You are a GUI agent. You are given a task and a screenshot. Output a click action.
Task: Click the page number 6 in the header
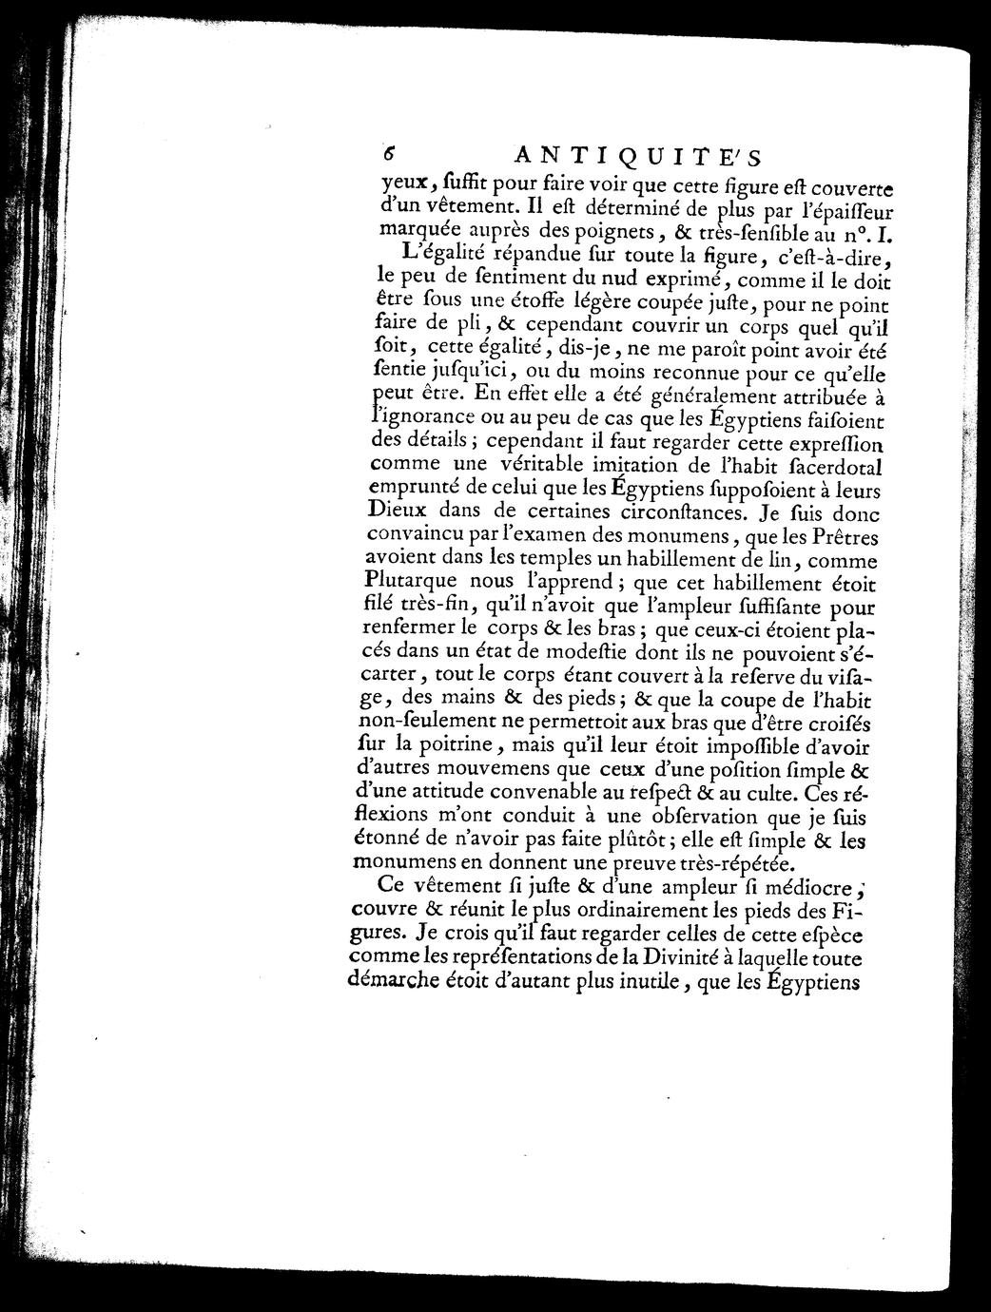[389, 155]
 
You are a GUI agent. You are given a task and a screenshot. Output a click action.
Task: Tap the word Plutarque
[411, 580]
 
